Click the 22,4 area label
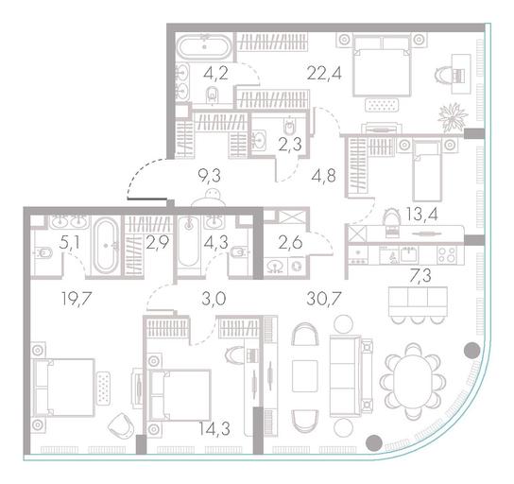pyautogui.click(x=324, y=73)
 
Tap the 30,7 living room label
pyautogui.click(x=324, y=299)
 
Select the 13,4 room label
pyautogui.click(x=421, y=215)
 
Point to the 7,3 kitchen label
pyautogui.click(x=420, y=275)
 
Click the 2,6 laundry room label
pyautogui.click(x=290, y=243)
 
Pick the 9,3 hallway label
pyautogui.click(x=209, y=176)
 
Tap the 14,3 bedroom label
pyautogui.click(x=214, y=428)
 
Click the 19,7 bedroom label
pyautogui.click(x=77, y=299)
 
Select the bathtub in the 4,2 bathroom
pyautogui.click(x=204, y=47)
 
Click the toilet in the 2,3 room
pyautogui.click(x=289, y=126)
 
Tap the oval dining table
pyautogui.click(x=413, y=382)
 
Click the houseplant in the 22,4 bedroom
pyautogui.click(x=454, y=117)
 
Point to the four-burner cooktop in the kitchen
pyautogui.click(x=447, y=255)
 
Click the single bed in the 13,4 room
pyautogui.click(x=426, y=171)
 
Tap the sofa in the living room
pyautogui.click(x=351, y=376)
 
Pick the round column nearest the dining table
pyautogui.click(x=472, y=351)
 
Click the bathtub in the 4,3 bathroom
pyautogui.click(x=188, y=241)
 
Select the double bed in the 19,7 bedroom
pyautogui.click(x=63, y=388)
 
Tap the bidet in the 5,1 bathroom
pyautogui.click(x=43, y=252)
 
